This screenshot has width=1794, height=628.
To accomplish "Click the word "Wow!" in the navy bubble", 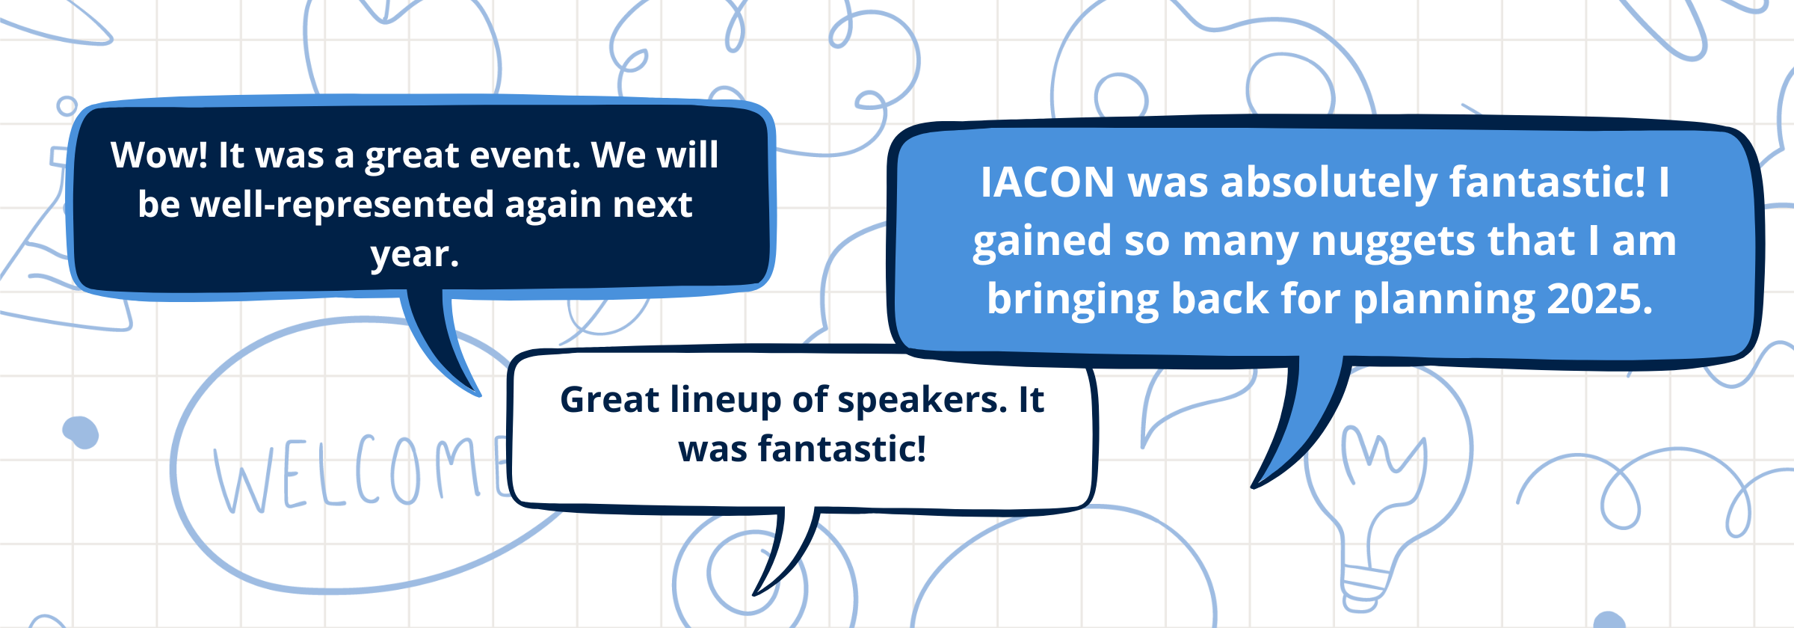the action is (159, 156).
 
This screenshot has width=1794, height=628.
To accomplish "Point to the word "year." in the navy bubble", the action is (415, 255).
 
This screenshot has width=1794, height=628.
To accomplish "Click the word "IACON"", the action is (1046, 182).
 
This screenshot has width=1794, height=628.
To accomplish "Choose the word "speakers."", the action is (922, 401).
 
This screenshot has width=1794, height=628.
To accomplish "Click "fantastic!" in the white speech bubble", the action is (842, 449).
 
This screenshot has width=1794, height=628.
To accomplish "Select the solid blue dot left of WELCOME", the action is (81, 432).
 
